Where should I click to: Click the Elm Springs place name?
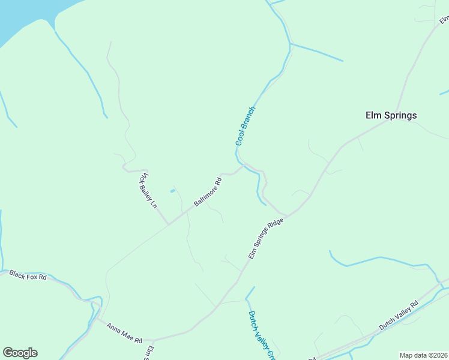coord(391,115)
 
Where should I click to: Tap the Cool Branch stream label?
coord(246,126)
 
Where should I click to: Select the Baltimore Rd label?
coord(208,192)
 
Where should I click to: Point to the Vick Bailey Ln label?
coord(148,190)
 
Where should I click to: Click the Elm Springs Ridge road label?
coord(265,238)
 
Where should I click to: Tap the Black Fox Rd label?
coord(28,275)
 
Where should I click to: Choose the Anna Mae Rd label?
coord(124,333)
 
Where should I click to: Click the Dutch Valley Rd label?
coord(398,316)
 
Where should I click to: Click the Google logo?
coord(20,352)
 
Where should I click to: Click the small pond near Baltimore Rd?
coord(172,191)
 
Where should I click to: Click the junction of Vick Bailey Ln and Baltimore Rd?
coord(169,224)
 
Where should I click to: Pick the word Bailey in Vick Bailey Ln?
coord(148,191)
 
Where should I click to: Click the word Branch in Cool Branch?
coord(249,118)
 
